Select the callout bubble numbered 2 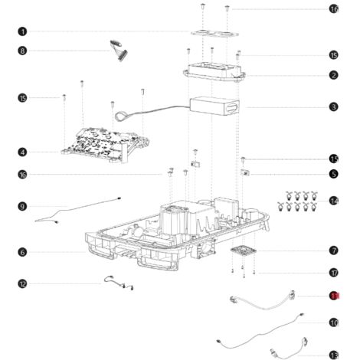point(334,75)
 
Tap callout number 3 point(334,107)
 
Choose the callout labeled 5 point(334,174)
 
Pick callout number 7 point(334,250)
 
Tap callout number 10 point(334,322)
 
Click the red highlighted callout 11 point(334,296)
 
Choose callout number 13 point(334,354)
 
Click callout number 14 point(334,200)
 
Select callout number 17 point(334,272)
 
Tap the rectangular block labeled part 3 point(216,107)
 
